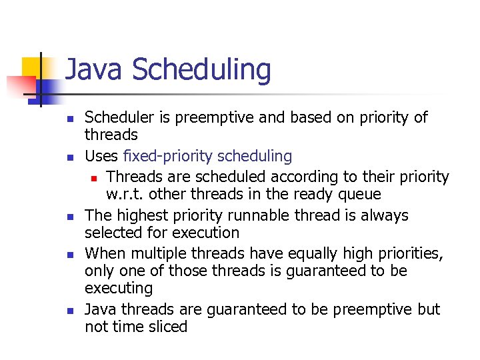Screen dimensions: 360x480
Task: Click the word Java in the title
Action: [x=91, y=70]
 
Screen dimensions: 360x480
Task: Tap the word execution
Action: [x=206, y=233]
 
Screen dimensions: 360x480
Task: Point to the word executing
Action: [x=118, y=289]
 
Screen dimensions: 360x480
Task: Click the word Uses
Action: [x=101, y=157]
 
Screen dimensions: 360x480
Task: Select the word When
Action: [x=105, y=254]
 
